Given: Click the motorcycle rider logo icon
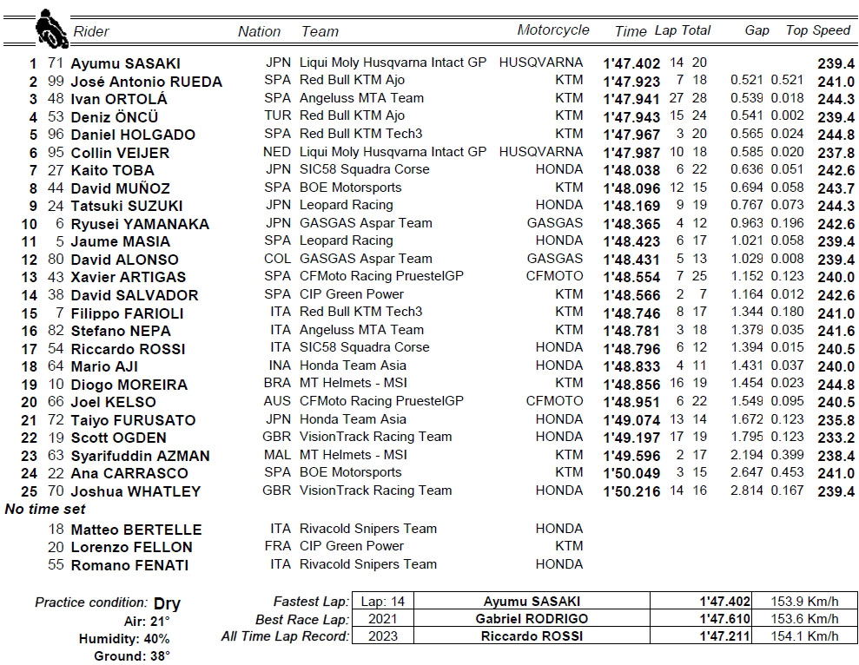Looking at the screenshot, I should tap(51, 30).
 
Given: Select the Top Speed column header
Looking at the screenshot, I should tap(817, 30).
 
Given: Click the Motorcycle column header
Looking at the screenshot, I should tap(552, 30).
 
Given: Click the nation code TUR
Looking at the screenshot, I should tap(277, 115).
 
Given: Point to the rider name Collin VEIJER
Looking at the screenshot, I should tap(120, 153).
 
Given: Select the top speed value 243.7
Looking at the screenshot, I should tap(835, 188).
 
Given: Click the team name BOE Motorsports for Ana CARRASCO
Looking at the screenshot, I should tap(350, 472).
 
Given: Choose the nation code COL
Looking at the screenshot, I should tap(277, 259).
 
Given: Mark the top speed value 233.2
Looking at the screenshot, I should tap(835, 438).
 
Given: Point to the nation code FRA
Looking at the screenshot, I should tap(277, 546).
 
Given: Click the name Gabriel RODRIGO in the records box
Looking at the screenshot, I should tap(531, 619).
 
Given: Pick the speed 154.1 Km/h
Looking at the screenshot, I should tap(805, 636).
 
